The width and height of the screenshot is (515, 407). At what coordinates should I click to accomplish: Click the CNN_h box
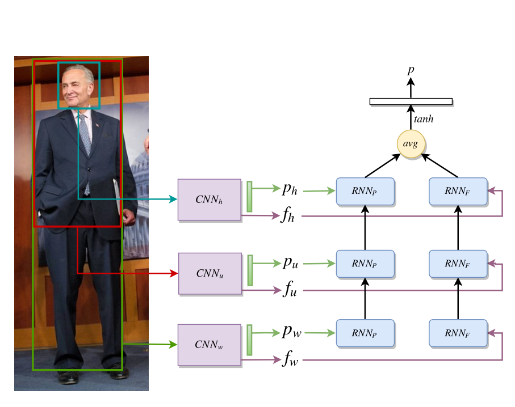coord(209,200)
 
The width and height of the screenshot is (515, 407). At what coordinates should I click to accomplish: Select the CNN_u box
coord(210,273)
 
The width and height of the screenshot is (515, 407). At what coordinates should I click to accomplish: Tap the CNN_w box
coord(209,345)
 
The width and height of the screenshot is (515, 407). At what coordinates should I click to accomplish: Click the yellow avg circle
coord(410,144)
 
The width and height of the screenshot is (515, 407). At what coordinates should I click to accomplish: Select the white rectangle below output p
coord(411,101)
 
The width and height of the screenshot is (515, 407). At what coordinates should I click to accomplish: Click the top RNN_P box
coord(365,192)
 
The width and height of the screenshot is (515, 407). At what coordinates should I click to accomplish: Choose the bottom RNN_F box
coord(458,333)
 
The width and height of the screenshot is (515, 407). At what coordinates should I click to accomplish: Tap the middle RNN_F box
coord(458,264)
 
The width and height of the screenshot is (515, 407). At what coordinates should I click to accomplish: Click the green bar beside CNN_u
coord(250,270)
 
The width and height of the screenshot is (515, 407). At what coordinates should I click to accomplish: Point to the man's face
coord(77,88)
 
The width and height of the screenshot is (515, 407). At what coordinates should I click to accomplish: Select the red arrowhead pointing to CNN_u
coord(173,273)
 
